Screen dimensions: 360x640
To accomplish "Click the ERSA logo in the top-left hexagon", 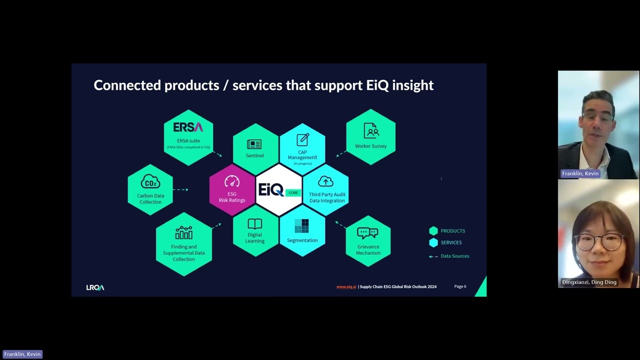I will (x=188, y=127).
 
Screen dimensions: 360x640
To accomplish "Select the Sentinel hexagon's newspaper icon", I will (x=254, y=144).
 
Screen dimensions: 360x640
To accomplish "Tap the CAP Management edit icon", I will (x=302, y=139).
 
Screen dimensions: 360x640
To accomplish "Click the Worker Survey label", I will (x=370, y=146).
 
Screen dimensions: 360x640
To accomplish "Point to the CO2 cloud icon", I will (x=150, y=182).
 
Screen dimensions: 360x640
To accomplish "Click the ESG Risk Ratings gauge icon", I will (x=232, y=182).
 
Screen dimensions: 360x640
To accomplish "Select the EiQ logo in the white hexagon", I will (x=271, y=190).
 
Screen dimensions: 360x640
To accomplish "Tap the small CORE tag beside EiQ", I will (x=293, y=192).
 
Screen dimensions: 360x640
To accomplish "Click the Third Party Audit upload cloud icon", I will (x=325, y=181).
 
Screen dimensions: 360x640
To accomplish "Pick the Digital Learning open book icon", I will (x=254, y=224).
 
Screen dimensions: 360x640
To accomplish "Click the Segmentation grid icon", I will (x=302, y=226).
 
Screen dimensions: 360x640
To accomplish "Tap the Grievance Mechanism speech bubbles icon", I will (x=367, y=233).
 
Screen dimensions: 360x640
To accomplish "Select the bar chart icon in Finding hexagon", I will (x=183, y=233).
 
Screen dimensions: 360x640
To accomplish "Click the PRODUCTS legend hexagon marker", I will (x=433, y=231).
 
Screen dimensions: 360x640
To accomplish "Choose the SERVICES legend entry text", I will (x=451, y=242).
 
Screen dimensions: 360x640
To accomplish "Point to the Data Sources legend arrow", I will (x=433, y=256).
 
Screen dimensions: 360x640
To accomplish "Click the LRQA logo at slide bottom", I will (x=95, y=287).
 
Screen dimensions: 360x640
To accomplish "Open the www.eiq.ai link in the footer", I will (x=346, y=286).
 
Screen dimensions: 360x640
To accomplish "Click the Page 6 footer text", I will (x=460, y=286).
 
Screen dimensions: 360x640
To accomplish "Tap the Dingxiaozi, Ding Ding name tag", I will (x=589, y=282).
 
